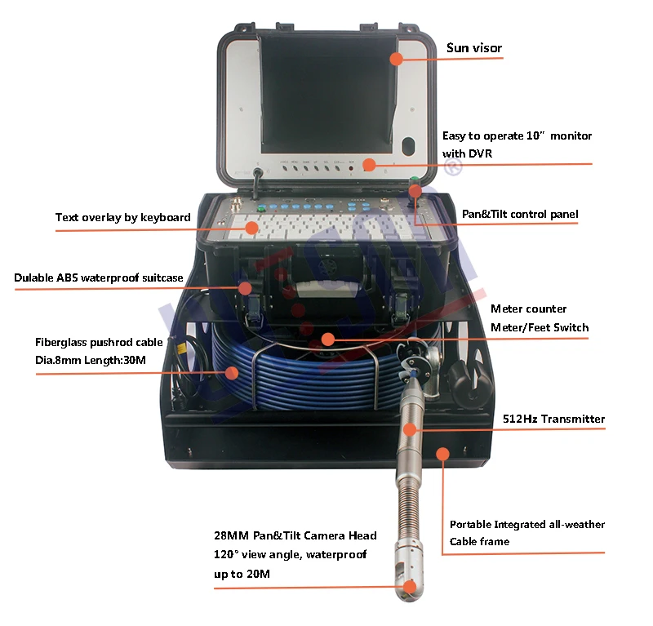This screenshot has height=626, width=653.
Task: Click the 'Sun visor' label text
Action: (x=473, y=48)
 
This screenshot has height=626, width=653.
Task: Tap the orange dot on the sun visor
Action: (x=396, y=59)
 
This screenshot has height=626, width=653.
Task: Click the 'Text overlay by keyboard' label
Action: (x=122, y=217)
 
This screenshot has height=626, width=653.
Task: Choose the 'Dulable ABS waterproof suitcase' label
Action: (x=98, y=277)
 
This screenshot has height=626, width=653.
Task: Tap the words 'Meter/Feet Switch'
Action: (x=539, y=327)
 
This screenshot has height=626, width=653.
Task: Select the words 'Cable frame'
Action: (x=479, y=541)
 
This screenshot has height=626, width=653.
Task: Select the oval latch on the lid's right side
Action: (x=410, y=149)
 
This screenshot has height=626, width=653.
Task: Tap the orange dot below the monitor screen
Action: (x=369, y=165)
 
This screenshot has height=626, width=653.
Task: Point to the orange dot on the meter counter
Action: (x=326, y=339)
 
